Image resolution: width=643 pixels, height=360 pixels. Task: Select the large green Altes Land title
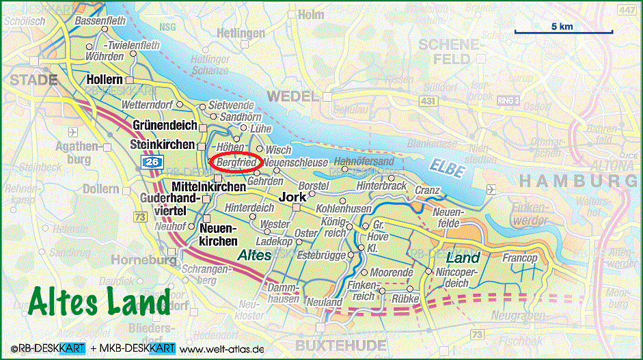click(x=100, y=301)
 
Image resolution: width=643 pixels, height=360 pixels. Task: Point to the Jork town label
click(x=292, y=197)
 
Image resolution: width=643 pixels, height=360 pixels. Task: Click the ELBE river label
click(x=447, y=168)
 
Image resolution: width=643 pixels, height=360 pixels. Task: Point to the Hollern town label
click(x=105, y=80)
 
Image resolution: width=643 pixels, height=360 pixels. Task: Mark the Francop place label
click(x=520, y=259)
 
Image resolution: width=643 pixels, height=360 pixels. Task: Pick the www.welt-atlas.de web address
click(x=223, y=350)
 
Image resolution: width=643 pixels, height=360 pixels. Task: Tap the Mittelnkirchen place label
click(x=208, y=186)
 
